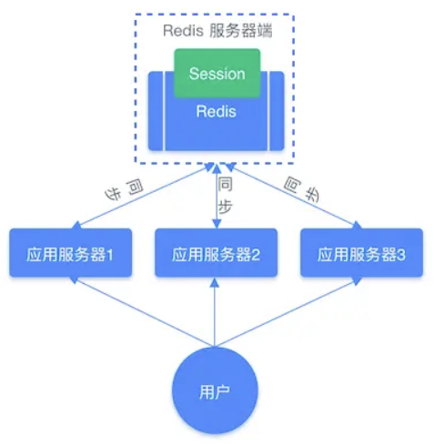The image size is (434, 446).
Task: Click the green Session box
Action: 217,73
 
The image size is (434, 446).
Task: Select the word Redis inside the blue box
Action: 217,112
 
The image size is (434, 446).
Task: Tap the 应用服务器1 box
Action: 70,254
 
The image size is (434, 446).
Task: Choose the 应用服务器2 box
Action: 217,254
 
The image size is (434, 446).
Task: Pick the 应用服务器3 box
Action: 362,254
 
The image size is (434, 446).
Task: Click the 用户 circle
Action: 216,391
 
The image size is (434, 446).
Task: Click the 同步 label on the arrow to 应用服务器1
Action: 123,191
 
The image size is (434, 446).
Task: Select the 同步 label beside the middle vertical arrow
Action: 226,194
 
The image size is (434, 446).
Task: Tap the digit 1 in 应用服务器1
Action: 110,255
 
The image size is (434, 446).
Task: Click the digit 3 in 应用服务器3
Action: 401,255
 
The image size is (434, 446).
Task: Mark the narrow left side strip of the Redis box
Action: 156,111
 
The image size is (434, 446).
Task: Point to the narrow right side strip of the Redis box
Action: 277,111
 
